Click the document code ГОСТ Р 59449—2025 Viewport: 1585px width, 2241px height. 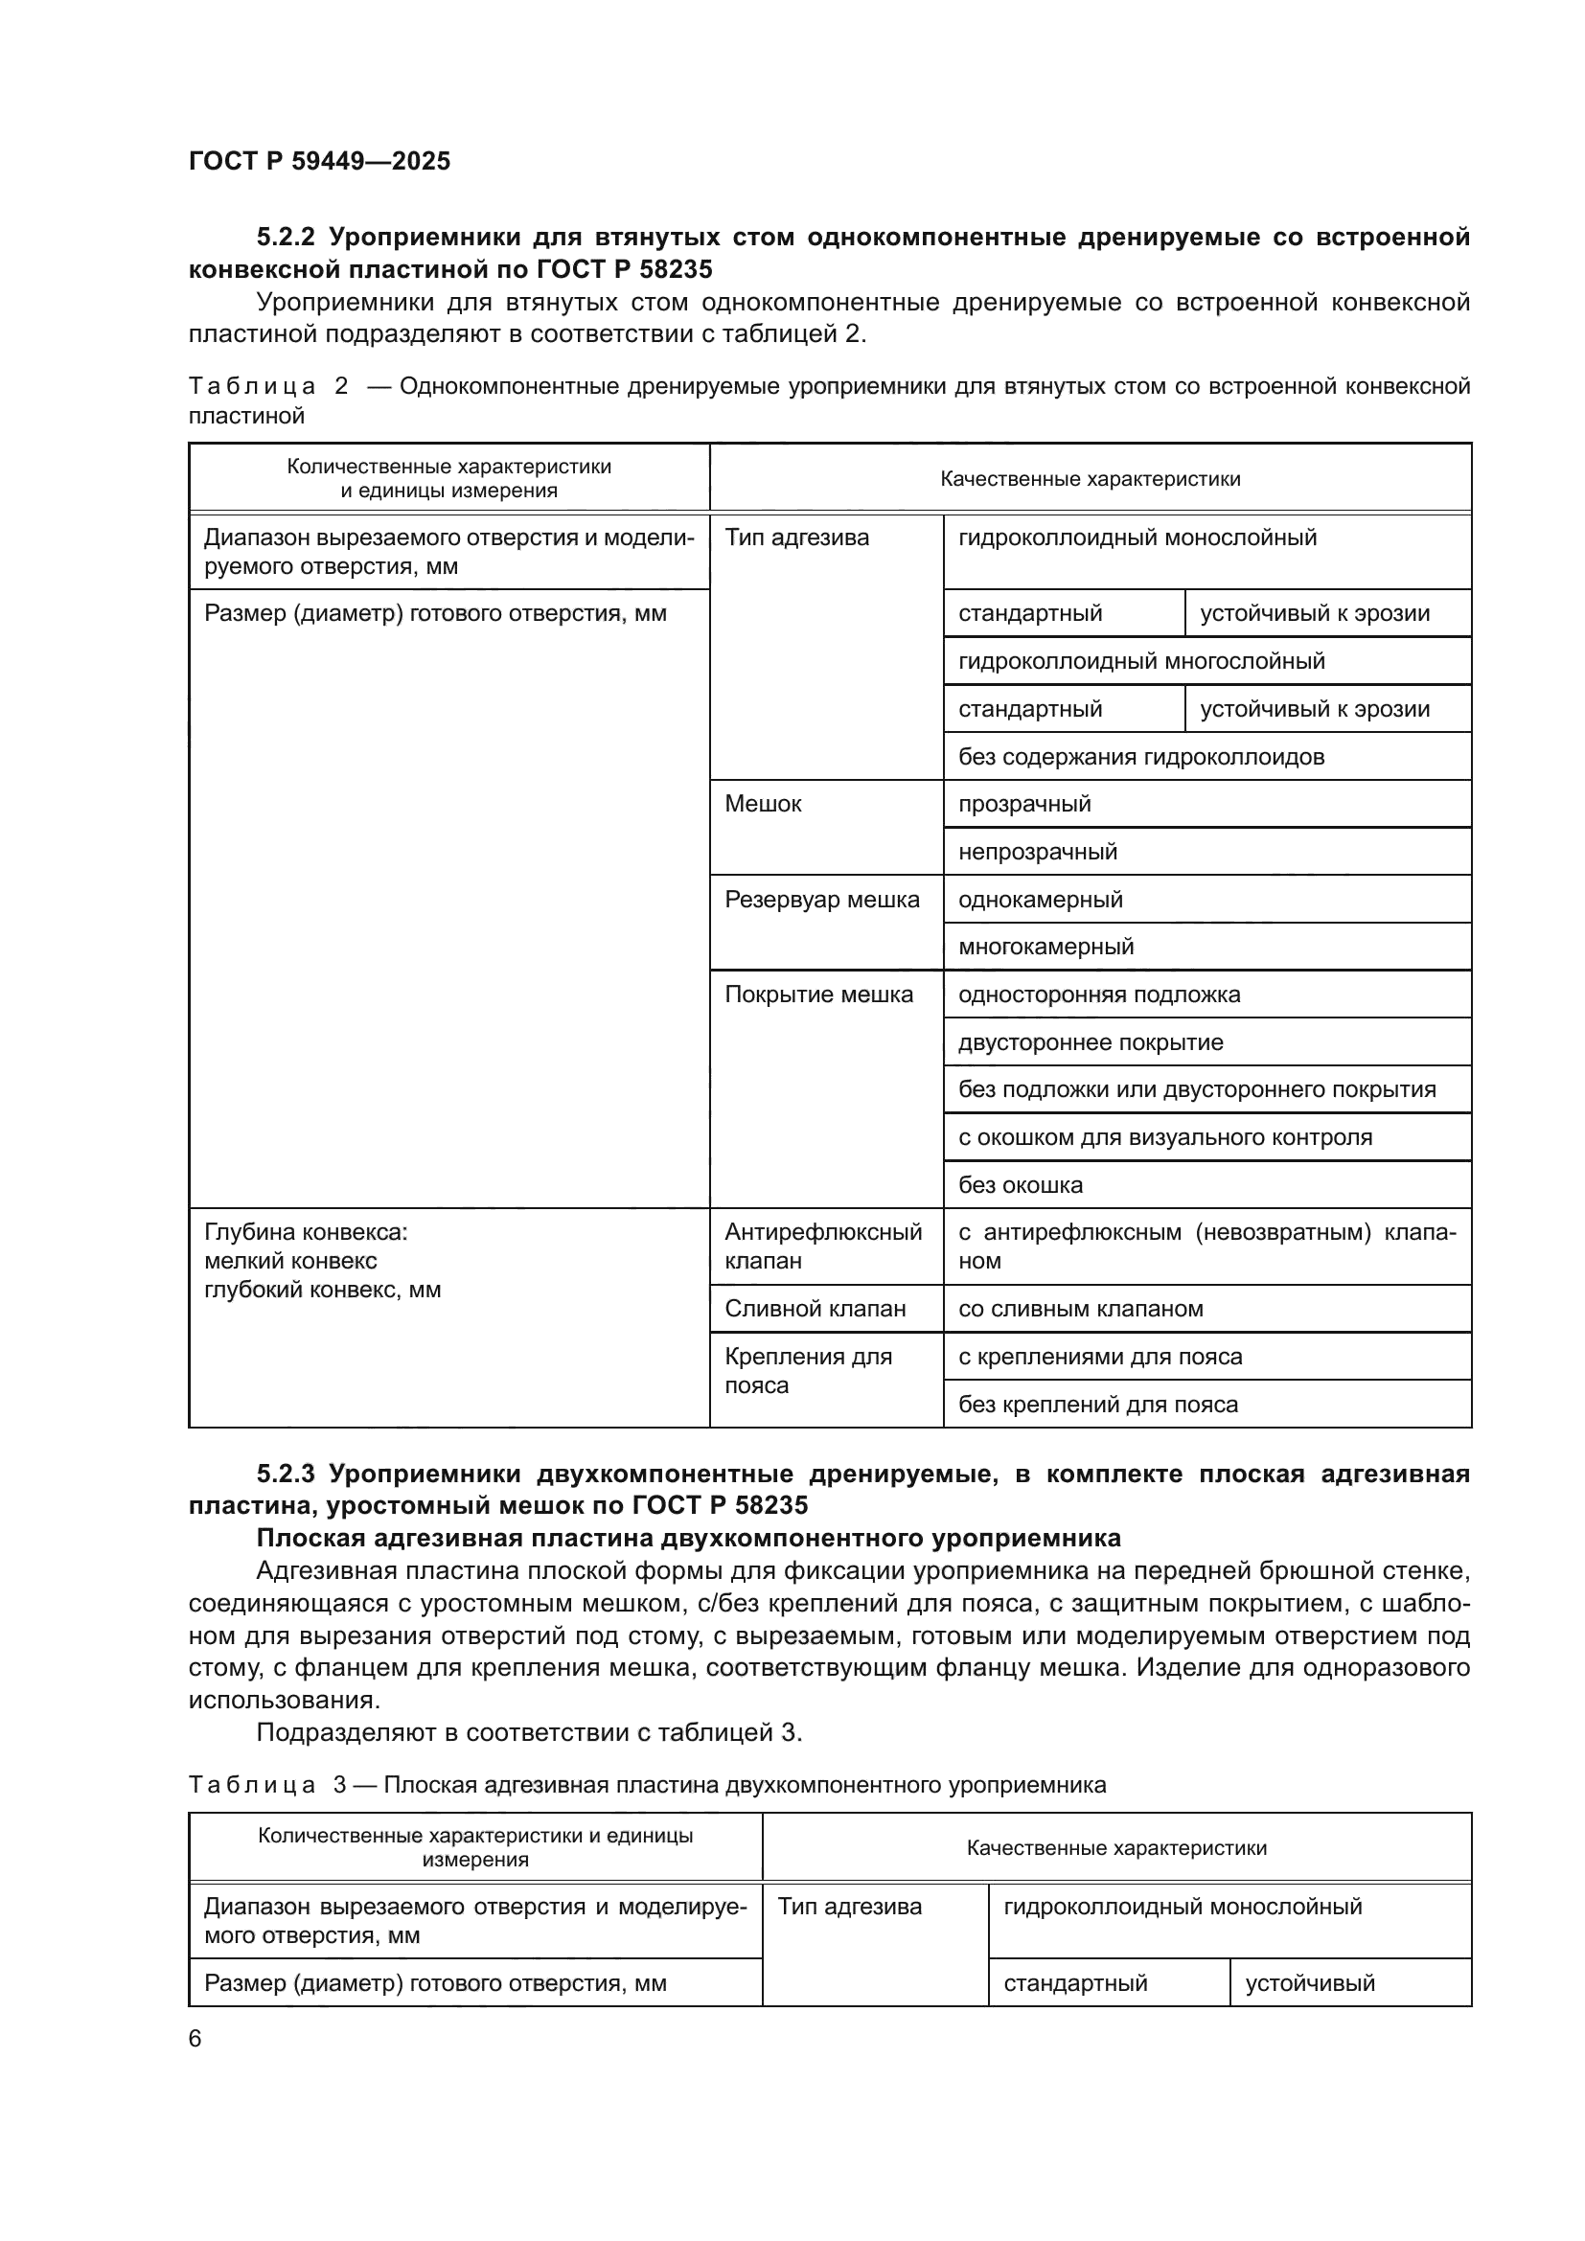(x=319, y=161)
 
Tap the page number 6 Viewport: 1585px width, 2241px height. (x=195, y=2039)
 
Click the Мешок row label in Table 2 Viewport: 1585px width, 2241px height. (x=763, y=804)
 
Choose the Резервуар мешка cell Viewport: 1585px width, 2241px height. (x=822, y=900)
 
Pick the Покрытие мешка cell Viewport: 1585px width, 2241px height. (x=818, y=995)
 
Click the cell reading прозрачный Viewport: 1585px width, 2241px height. (x=1024, y=804)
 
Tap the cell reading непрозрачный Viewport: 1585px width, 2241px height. (x=1038, y=852)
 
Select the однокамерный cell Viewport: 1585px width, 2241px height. (x=1041, y=900)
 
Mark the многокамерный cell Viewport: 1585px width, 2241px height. (x=1046, y=947)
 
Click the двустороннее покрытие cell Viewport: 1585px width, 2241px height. (x=1091, y=1042)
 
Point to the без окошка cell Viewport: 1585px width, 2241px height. (x=1020, y=1186)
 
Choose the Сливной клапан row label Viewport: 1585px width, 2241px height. (x=815, y=1309)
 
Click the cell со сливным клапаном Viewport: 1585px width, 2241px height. (x=1080, y=1309)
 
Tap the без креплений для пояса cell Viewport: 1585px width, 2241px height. (x=1098, y=1405)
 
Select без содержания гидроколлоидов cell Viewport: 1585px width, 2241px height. (x=1141, y=758)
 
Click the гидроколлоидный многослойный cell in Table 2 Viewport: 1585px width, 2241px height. (x=1141, y=662)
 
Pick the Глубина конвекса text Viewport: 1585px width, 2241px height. (x=306, y=1233)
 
